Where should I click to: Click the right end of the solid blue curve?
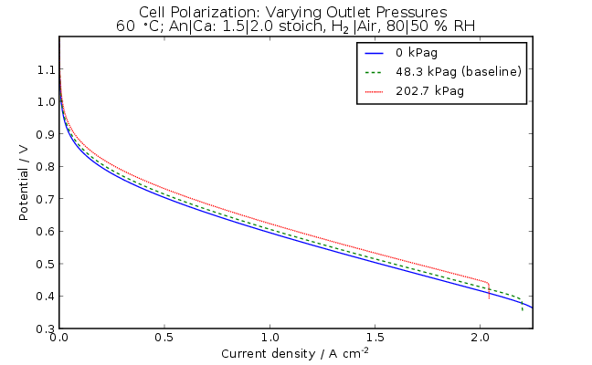(532, 308)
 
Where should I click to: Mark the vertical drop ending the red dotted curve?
(489, 290)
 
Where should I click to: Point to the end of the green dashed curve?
(523, 309)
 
